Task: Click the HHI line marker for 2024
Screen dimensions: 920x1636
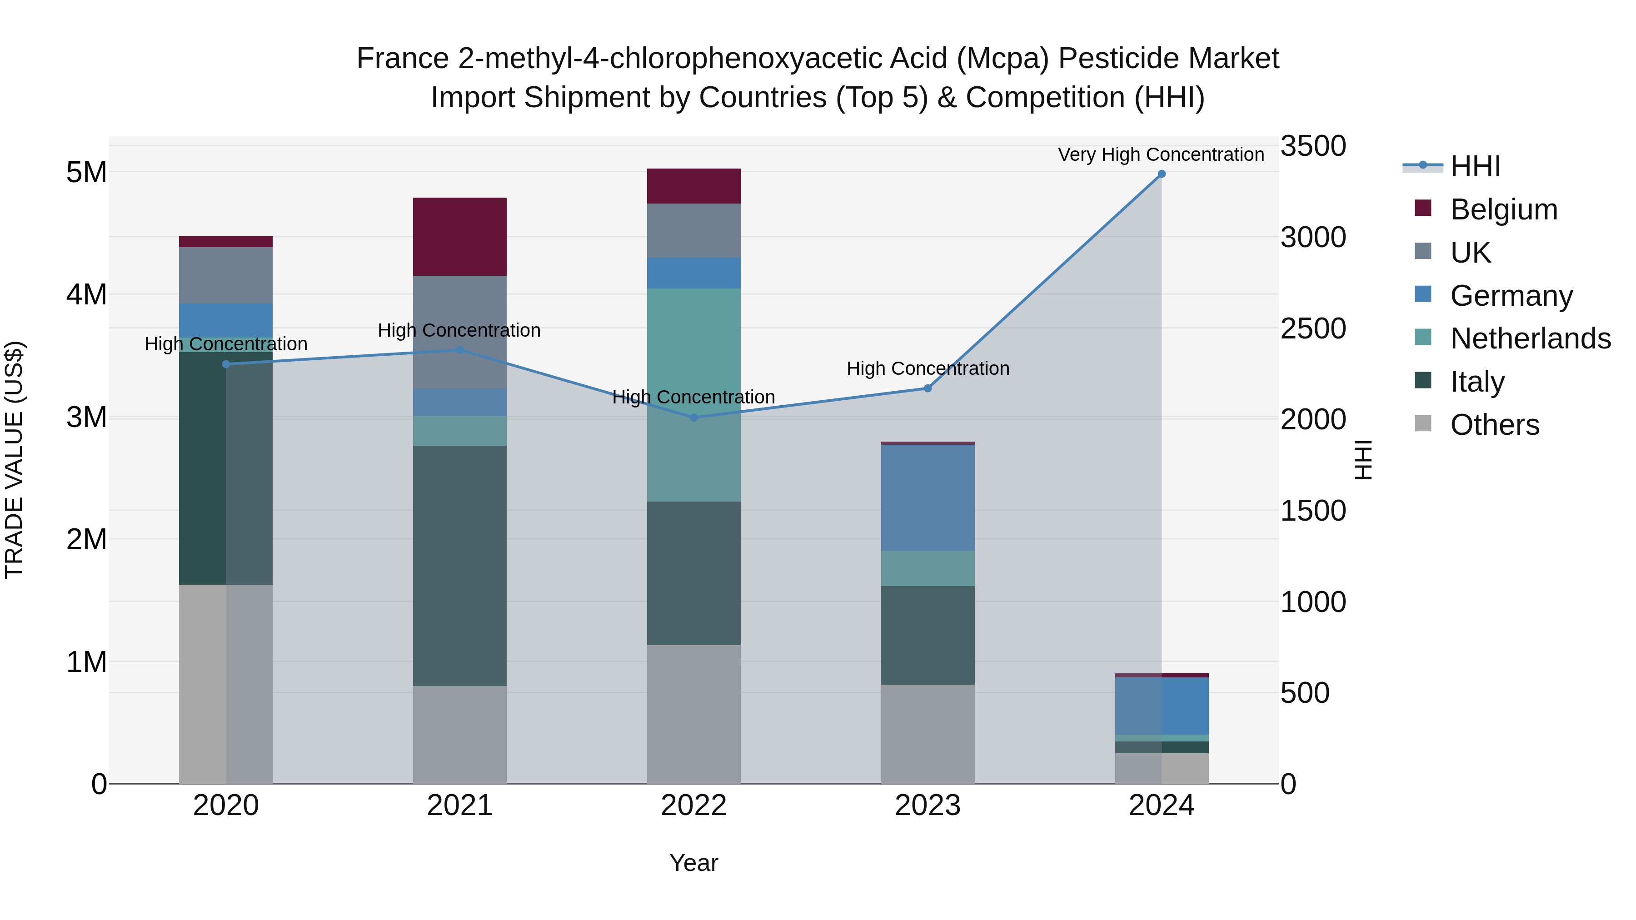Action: pyautogui.click(x=1162, y=174)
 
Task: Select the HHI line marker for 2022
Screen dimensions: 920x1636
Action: pyautogui.click(x=693, y=418)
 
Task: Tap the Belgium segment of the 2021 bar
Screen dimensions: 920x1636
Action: pyautogui.click(x=460, y=237)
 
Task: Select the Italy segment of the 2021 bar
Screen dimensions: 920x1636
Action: pyautogui.click(x=460, y=565)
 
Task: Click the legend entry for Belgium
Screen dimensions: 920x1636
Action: pyautogui.click(x=1503, y=209)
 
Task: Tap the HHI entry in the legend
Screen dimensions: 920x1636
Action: pyautogui.click(x=1475, y=166)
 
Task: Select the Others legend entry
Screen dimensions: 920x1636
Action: pyautogui.click(x=1494, y=425)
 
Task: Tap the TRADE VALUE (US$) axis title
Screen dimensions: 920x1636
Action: pyautogui.click(x=14, y=460)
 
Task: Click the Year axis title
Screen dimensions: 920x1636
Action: pyautogui.click(x=693, y=863)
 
